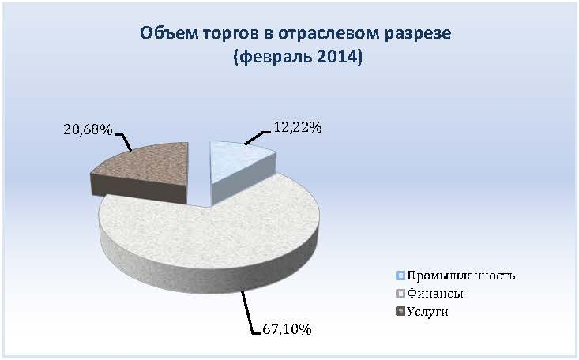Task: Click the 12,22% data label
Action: click(x=298, y=127)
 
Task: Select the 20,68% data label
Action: click(x=88, y=129)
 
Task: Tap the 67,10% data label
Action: click(x=287, y=329)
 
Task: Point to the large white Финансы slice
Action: click(x=210, y=236)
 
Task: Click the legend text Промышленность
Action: click(x=461, y=276)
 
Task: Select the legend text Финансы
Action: click(x=435, y=294)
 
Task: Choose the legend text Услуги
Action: click(x=427, y=312)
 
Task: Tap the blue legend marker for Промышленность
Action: click(x=400, y=276)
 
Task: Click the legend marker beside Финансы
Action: click(x=400, y=294)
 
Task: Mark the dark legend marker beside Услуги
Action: click(x=400, y=312)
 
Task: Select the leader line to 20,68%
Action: click(x=124, y=142)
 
